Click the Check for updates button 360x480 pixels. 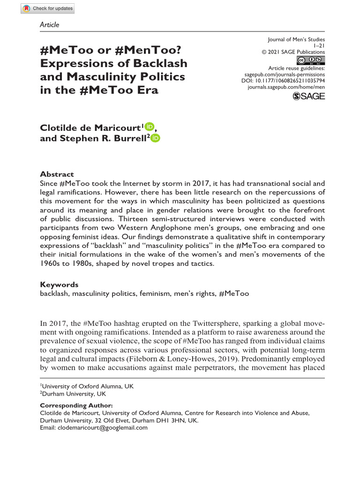pos(48,8)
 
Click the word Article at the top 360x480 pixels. pos(50,24)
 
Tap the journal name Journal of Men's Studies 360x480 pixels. pos(296,39)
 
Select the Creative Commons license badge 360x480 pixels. pos(311,60)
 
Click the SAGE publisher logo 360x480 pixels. pos(308,96)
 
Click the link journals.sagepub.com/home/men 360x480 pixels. pos(286,87)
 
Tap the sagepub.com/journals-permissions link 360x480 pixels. pos(285,74)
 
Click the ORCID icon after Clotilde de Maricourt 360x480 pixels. pos(150,126)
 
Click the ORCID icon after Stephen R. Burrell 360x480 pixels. pos(156,137)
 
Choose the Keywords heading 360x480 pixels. pos(59,285)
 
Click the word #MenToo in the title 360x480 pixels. pos(145,50)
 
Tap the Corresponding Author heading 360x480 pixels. pos(76,405)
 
